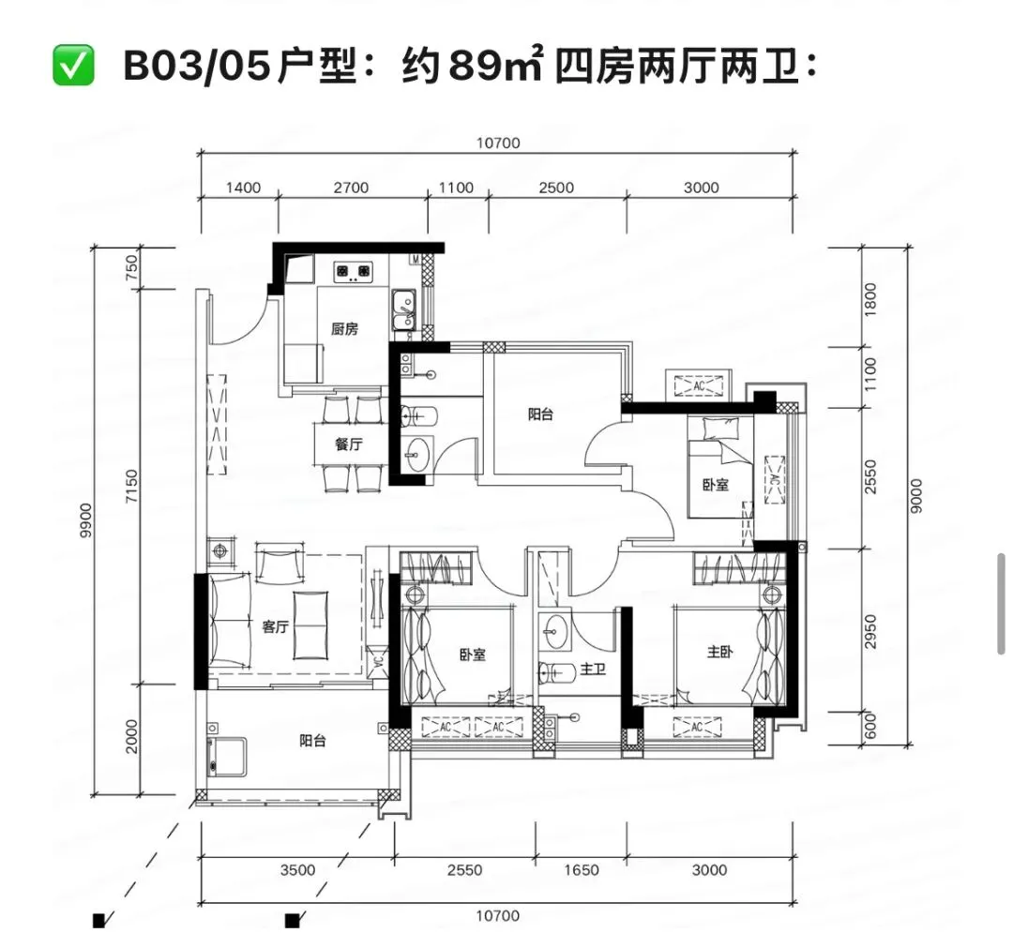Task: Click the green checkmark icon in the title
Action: pyautogui.click(x=73, y=68)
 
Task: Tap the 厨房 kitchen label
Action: pyautogui.click(x=343, y=329)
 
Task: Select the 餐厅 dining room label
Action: pyautogui.click(x=348, y=444)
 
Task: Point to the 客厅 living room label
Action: pyautogui.click(x=274, y=626)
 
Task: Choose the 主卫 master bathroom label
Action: pyautogui.click(x=593, y=670)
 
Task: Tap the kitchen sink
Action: pyautogui.click(x=404, y=305)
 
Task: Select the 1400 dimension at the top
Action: pyautogui.click(x=244, y=188)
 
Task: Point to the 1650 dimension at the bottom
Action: pyautogui.click(x=582, y=870)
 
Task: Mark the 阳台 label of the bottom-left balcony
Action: pyautogui.click(x=312, y=741)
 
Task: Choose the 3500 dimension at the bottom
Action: pyautogui.click(x=297, y=870)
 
